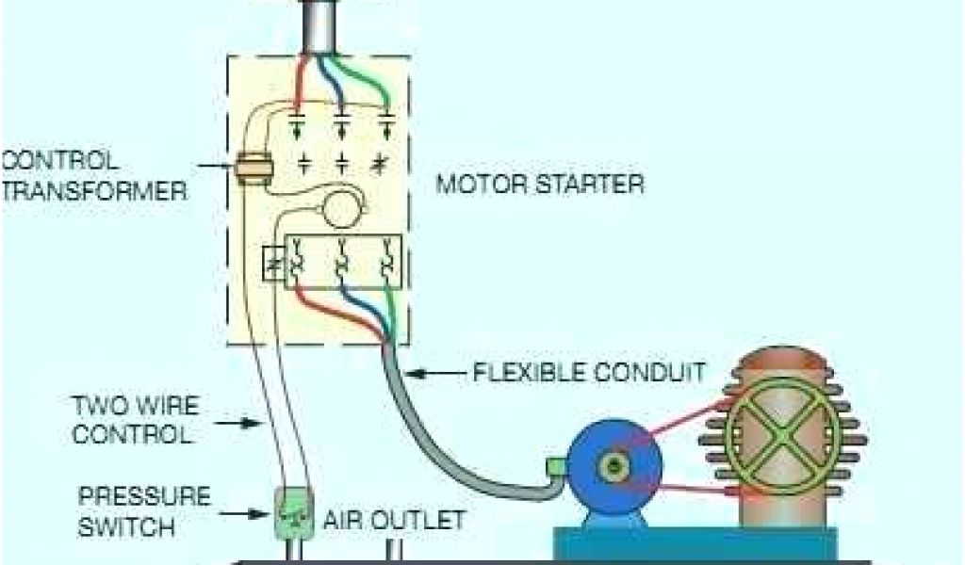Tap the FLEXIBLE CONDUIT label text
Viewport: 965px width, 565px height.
[587, 372]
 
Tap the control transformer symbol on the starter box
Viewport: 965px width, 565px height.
[254, 169]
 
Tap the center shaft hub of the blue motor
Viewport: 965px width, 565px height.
[616, 465]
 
